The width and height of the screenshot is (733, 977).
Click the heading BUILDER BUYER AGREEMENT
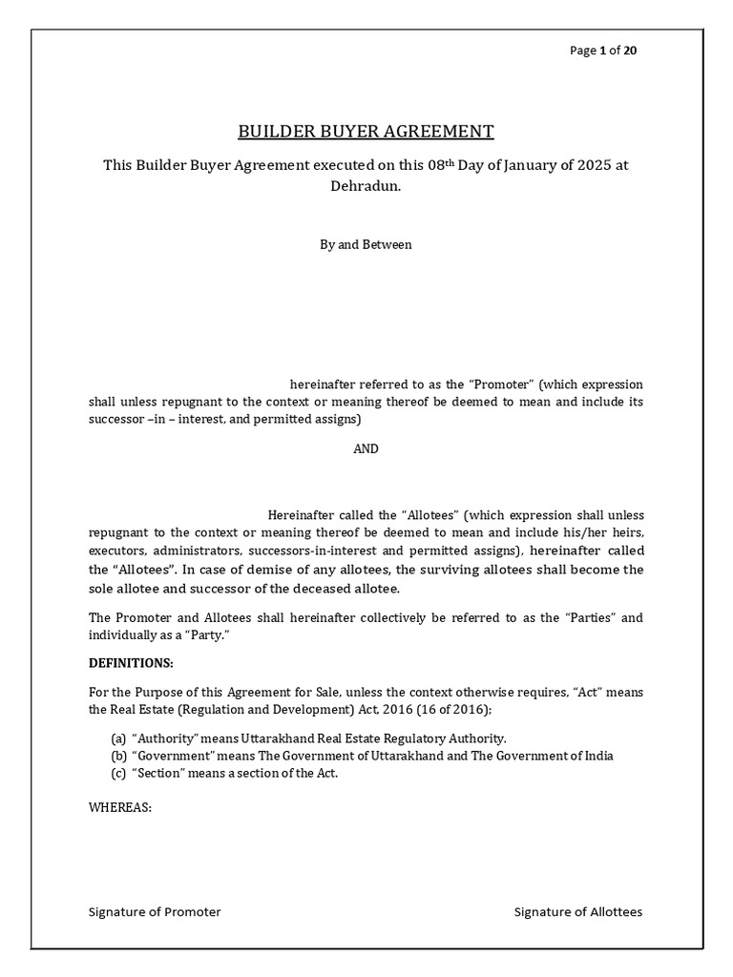click(x=366, y=131)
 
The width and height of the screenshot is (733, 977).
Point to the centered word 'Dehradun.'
click(x=366, y=187)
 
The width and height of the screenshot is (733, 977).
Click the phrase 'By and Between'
click(x=366, y=244)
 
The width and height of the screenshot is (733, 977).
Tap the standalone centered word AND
click(x=366, y=449)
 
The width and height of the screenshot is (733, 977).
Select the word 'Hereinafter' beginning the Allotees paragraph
click(x=301, y=516)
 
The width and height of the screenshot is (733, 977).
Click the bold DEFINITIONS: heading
click(x=132, y=663)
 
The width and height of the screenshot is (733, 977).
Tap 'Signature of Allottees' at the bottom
click(x=578, y=911)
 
